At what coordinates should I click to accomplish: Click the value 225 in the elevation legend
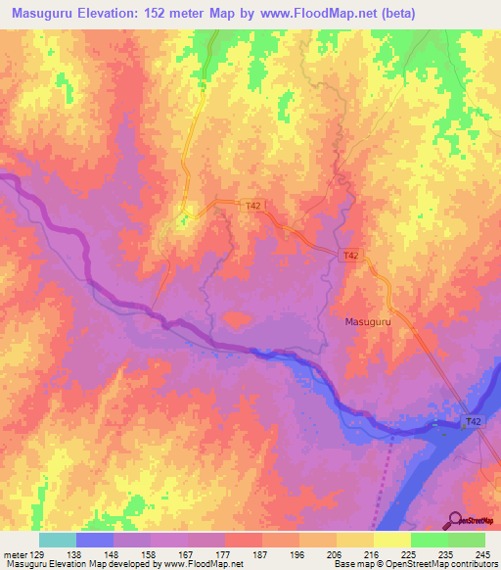[x=409, y=553]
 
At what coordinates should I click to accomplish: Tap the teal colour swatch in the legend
[x=58, y=540]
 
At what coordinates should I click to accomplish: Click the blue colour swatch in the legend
[x=95, y=540]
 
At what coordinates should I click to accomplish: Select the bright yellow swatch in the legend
[x=391, y=540]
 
